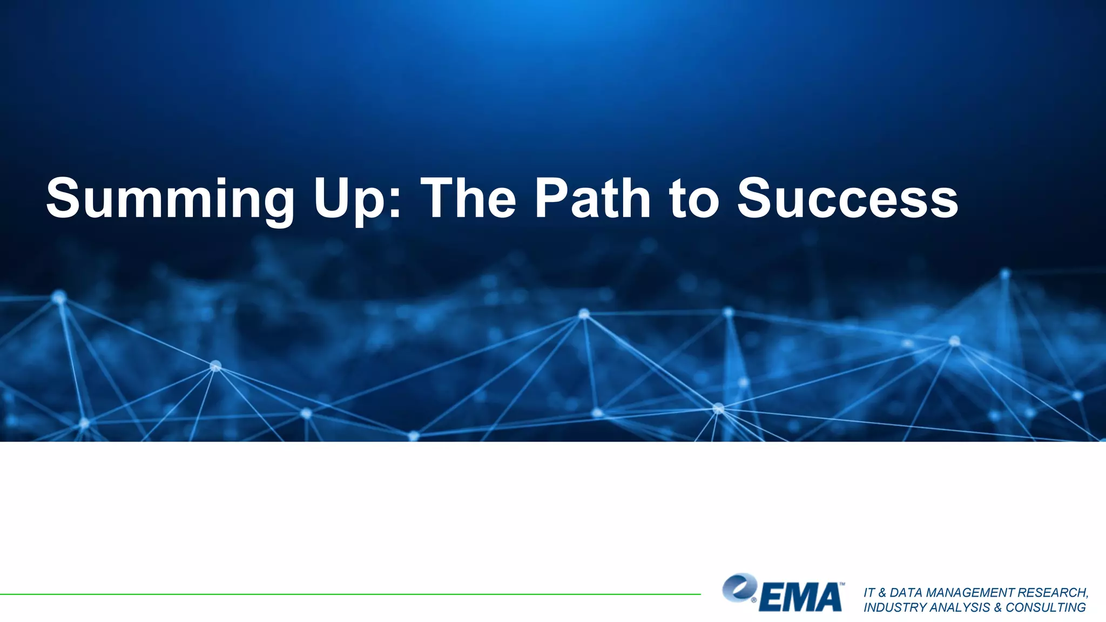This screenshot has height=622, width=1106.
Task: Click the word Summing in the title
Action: [x=170, y=200]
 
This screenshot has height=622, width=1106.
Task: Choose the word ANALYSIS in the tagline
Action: [x=962, y=607]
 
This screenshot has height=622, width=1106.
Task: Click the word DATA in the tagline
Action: [x=907, y=593]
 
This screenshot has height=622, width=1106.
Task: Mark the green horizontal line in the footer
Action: [x=351, y=594]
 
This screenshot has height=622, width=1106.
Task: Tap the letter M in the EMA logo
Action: [x=800, y=598]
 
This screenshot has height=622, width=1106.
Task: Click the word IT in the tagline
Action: [x=869, y=593]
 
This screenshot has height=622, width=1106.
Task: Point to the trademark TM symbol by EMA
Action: [x=841, y=584]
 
